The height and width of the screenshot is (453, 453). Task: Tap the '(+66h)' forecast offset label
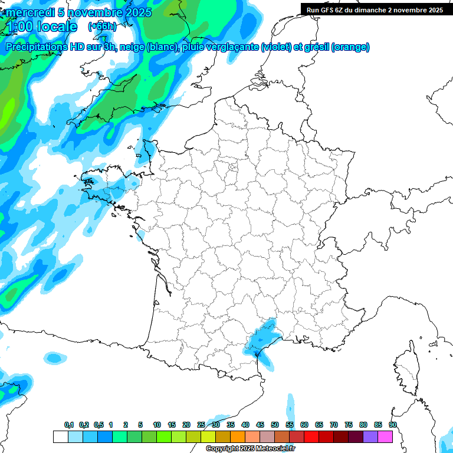(102, 27)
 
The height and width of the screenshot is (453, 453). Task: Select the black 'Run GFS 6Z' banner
(375, 9)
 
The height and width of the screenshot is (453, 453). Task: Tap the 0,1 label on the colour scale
(69, 425)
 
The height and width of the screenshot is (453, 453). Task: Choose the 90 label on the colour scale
(393, 425)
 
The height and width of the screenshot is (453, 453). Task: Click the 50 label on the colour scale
(275, 425)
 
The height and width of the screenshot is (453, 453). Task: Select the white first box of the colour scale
(60, 436)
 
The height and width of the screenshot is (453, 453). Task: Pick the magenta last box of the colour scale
(385, 436)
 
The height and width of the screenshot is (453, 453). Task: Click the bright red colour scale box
(311, 436)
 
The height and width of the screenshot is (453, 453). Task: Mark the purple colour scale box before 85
(370, 436)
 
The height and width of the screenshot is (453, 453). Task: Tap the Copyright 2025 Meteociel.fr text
(250, 449)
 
